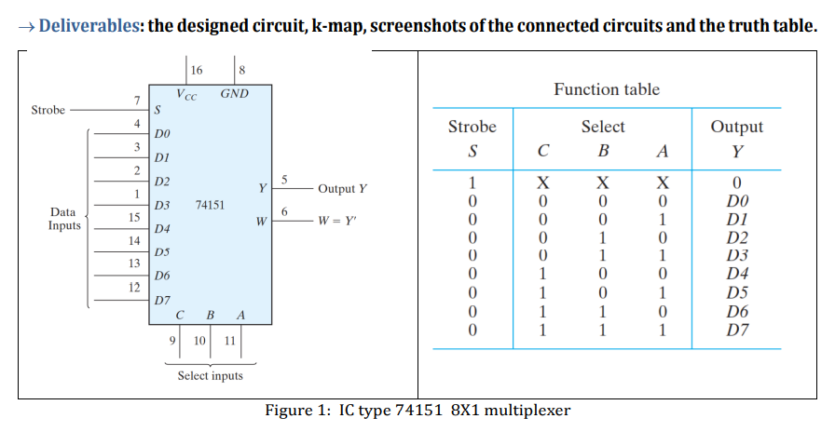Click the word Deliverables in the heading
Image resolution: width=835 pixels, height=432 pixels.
pyautogui.click(x=89, y=24)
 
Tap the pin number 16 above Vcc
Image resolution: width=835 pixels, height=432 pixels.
pyautogui.click(x=197, y=70)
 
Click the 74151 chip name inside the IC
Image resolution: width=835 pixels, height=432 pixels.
pyautogui.click(x=210, y=202)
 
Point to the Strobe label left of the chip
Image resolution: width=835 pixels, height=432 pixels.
pyautogui.click(x=48, y=110)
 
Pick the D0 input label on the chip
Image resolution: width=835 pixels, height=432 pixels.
pyautogui.click(x=163, y=136)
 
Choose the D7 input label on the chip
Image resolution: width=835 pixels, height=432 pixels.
pyautogui.click(x=163, y=301)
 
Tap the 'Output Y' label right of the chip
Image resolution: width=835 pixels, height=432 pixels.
pyautogui.click(x=342, y=189)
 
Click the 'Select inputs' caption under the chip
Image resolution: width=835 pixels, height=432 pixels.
pyautogui.click(x=210, y=375)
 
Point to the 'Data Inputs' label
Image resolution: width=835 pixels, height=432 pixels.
pyautogui.click(x=64, y=219)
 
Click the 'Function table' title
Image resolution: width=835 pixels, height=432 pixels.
pyautogui.click(x=606, y=89)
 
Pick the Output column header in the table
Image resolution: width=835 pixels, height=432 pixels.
pyautogui.click(x=736, y=127)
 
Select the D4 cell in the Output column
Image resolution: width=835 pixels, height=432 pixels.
pyautogui.click(x=736, y=275)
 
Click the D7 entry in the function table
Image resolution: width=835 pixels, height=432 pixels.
pyautogui.click(x=736, y=331)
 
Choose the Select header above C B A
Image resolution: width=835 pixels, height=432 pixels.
pyautogui.click(x=603, y=127)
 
